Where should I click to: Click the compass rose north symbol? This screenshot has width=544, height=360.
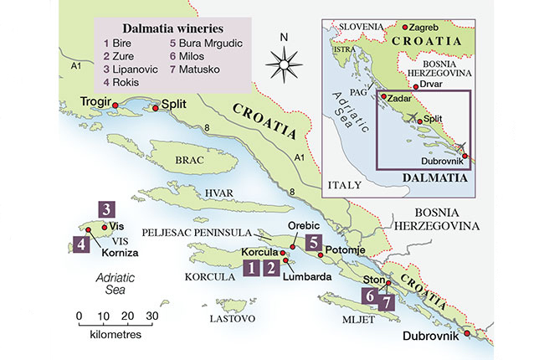point(284,60)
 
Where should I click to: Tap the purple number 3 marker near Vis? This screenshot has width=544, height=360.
point(106,208)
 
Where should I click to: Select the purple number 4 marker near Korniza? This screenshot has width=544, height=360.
point(81,244)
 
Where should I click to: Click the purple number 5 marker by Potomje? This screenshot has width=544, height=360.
point(313,243)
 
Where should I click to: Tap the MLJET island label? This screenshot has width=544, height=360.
point(346,319)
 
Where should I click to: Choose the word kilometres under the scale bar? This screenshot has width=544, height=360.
point(114,333)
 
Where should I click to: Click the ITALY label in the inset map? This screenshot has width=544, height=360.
point(344,183)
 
